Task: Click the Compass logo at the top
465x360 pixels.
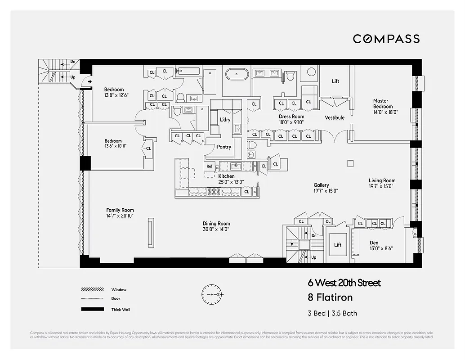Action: click(386, 39)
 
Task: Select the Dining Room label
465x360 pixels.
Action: click(216, 224)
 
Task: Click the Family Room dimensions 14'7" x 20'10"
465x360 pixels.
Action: click(120, 216)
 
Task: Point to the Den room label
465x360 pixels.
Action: click(374, 243)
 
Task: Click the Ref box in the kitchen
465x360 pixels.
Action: click(209, 166)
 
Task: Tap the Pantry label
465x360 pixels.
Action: click(224, 147)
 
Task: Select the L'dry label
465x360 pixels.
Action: click(225, 120)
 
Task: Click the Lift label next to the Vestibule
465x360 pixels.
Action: click(335, 81)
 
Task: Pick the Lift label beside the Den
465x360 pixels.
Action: click(338, 245)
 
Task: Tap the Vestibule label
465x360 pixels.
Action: click(335, 117)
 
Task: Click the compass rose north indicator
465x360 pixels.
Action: click(211, 294)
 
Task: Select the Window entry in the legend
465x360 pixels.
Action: click(119, 289)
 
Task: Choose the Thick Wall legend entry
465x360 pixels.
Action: click(121, 310)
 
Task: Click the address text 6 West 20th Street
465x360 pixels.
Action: click(344, 283)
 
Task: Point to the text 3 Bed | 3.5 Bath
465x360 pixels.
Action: click(332, 313)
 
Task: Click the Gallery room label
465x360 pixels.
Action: click(321, 185)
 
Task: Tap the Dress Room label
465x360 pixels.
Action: click(291, 116)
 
